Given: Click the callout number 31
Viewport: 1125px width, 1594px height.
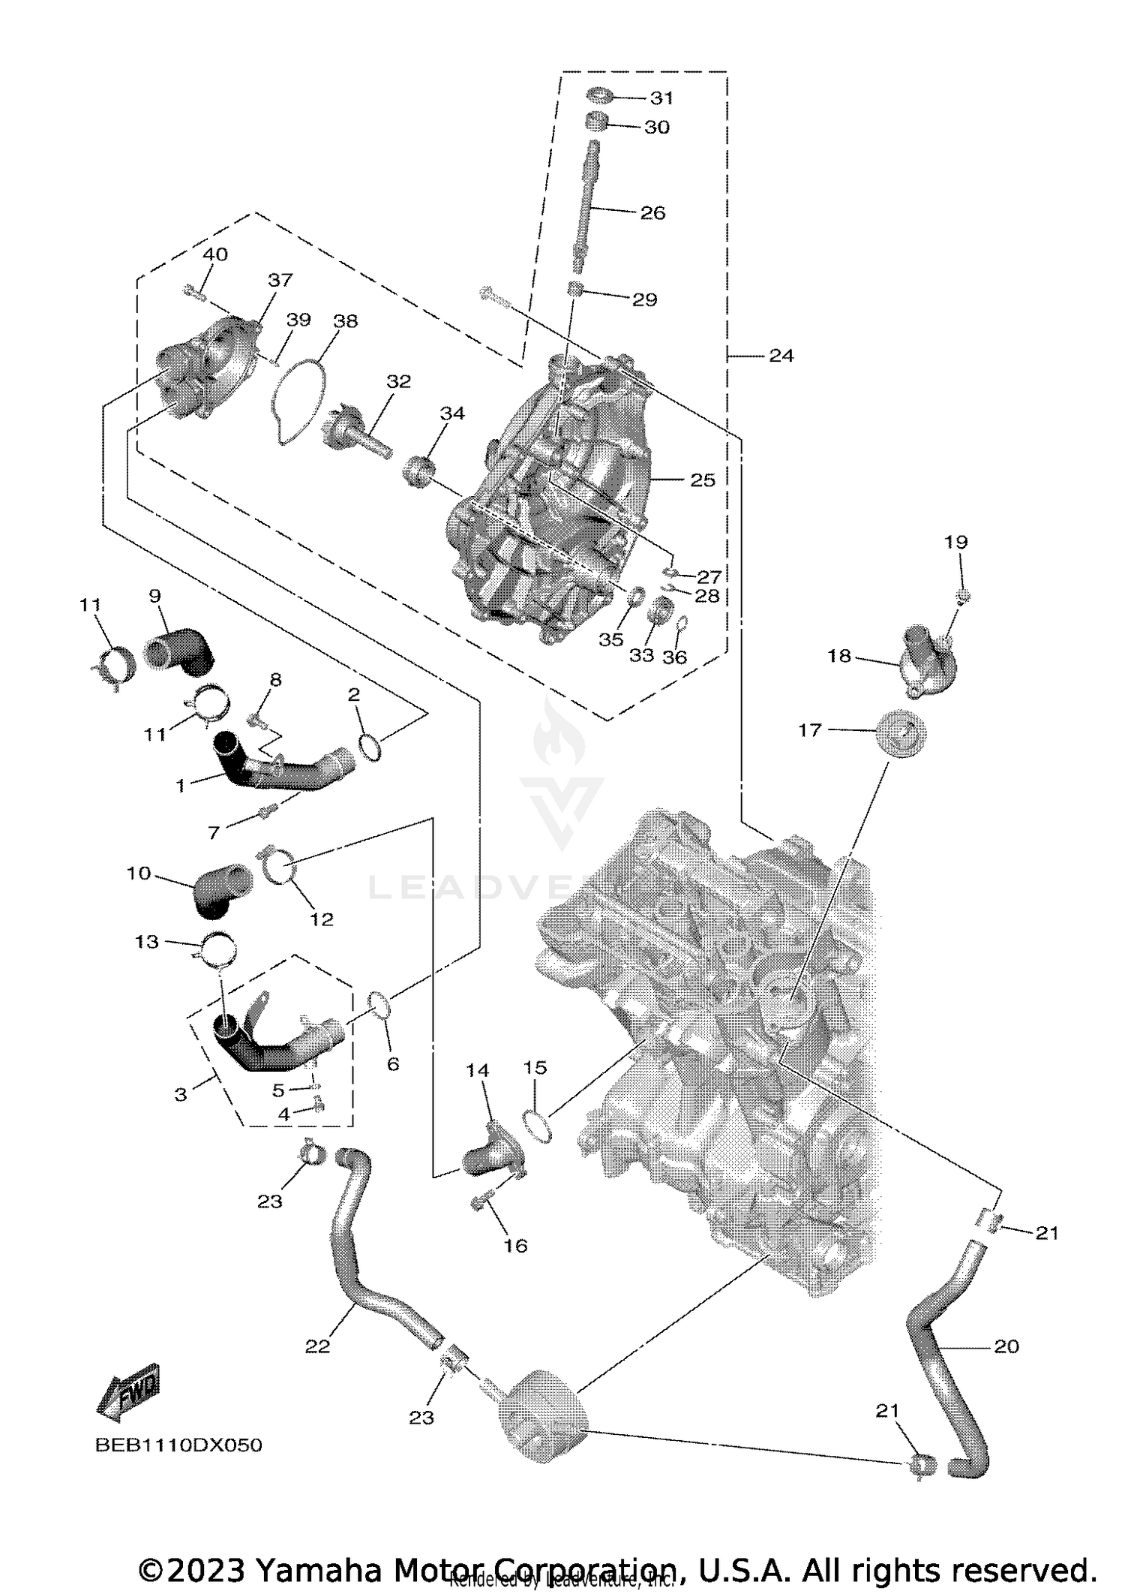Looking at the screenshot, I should (661, 98).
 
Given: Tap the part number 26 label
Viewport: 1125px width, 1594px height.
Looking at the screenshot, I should (652, 213).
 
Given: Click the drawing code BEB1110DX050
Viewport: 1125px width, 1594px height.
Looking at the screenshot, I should (178, 1445).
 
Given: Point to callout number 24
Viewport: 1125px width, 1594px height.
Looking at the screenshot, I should (780, 355).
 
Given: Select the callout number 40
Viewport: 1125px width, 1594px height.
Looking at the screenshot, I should (215, 254).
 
